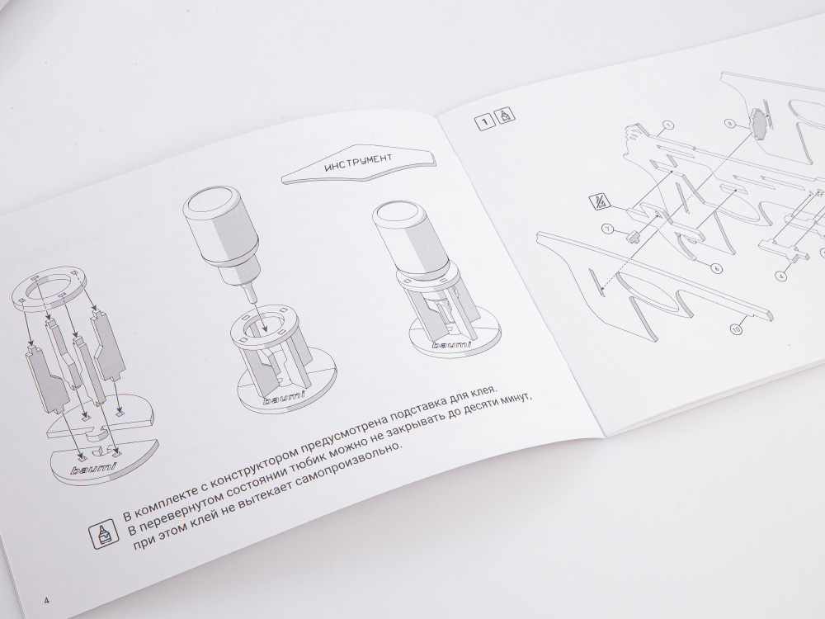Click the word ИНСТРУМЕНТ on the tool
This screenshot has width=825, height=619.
pos(358,162)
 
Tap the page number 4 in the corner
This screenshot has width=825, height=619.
pos(47,601)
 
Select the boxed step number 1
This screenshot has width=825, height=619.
pos(484,121)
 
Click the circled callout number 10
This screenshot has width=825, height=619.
pos(736,329)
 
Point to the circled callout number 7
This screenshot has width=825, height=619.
pos(608,229)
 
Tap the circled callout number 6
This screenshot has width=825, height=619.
pos(717,268)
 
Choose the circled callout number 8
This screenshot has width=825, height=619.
pos(729,125)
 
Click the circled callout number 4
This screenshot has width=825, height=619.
pos(782,276)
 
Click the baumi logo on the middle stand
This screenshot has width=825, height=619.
pos(285,397)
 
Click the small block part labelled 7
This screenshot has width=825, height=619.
pos(633,236)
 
